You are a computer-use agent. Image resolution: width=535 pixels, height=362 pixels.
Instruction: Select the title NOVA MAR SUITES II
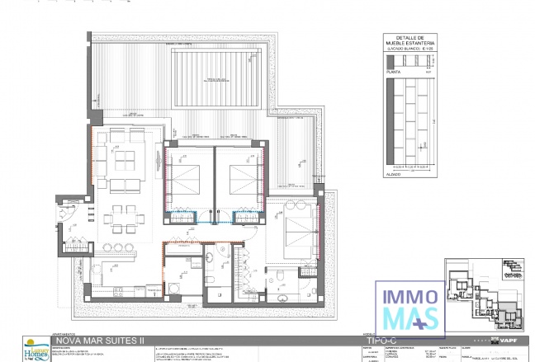[99, 339]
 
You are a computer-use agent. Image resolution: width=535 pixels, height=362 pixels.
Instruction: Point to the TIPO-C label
[381, 339]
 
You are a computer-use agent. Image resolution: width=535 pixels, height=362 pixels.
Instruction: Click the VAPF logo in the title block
[506, 340]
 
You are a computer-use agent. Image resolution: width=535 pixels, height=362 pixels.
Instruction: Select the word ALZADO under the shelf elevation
[395, 174]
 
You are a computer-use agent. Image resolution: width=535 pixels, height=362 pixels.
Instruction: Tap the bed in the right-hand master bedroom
[295, 228]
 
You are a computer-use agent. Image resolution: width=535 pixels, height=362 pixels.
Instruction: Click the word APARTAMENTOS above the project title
[65, 333]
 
